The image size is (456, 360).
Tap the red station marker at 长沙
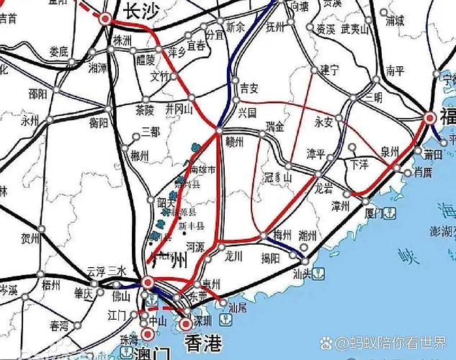106,19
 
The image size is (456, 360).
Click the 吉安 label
249,88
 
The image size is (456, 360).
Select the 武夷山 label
355,29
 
